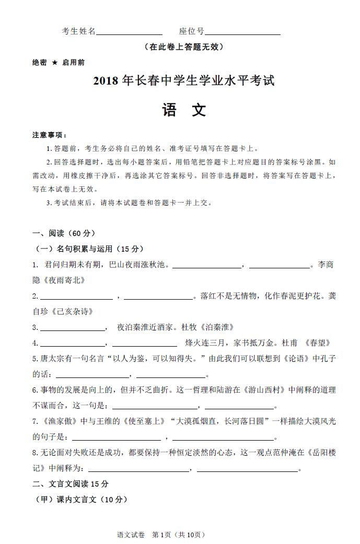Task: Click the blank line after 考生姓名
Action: pyautogui.click(x=129, y=32)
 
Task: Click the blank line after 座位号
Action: pyautogui.click(x=242, y=32)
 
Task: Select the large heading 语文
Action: pyautogui.click(x=184, y=110)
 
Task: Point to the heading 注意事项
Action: pyautogui.click(x=49, y=135)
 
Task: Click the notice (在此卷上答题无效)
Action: pyautogui.click(x=184, y=47)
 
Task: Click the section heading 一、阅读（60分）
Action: pyautogui.click(x=64, y=233)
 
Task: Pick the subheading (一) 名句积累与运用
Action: pyautogui.click(x=89, y=249)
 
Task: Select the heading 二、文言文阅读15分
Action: pyautogui.click(x=70, y=484)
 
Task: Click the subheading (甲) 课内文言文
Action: pyautogui.click(x=80, y=500)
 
